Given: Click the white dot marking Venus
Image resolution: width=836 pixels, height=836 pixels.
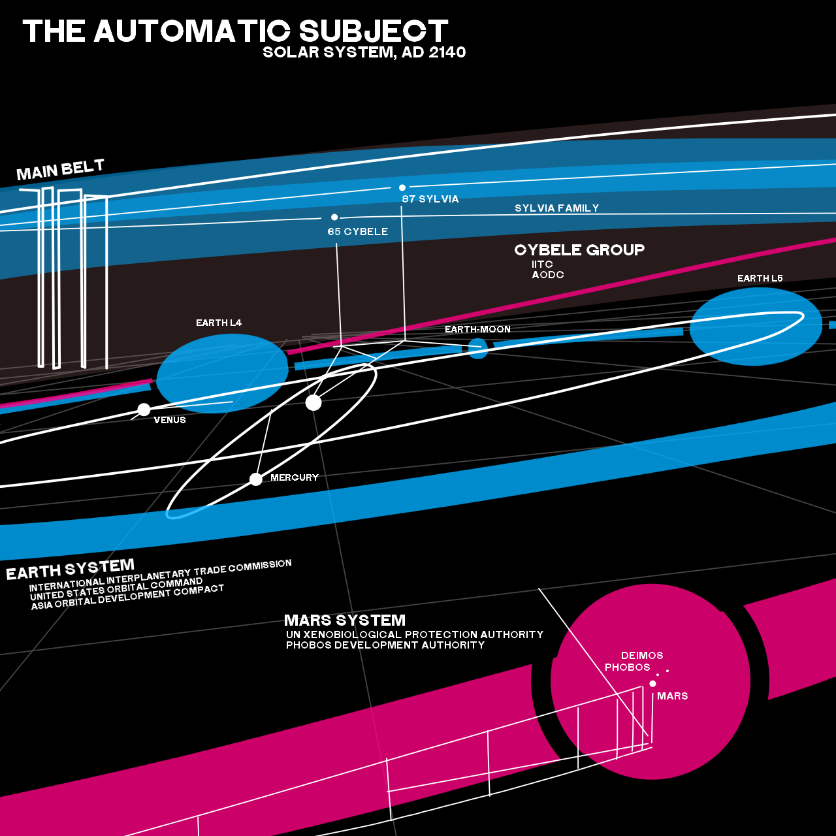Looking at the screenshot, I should [144, 410].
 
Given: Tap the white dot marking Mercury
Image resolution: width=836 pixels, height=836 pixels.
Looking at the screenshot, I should [256, 479].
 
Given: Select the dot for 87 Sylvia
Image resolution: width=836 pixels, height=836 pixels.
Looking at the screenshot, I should [402, 187].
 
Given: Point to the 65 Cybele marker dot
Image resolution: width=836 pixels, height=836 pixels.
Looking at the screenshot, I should [334, 217].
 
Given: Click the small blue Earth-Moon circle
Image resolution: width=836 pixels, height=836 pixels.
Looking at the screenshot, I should [478, 349].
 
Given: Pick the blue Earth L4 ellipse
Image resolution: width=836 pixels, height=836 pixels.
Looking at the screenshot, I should [222, 372].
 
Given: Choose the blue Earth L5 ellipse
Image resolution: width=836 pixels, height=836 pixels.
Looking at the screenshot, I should [756, 326].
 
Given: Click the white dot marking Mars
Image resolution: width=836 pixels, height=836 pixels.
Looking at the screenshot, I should [652, 684].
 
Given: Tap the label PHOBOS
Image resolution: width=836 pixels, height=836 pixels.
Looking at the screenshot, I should [628, 667].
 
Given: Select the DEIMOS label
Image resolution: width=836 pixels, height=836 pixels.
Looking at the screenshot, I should [642, 656].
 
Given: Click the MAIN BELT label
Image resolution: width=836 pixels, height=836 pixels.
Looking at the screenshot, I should [60, 170].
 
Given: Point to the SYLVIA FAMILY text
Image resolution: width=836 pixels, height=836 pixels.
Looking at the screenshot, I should [556, 208].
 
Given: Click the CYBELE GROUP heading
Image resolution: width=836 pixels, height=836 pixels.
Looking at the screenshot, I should [579, 250].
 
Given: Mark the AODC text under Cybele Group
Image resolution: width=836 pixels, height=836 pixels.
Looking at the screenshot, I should [548, 275].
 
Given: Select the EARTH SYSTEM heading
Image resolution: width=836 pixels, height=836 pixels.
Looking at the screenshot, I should [71, 570].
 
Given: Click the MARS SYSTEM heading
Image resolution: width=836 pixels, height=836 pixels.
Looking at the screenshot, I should [345, 620].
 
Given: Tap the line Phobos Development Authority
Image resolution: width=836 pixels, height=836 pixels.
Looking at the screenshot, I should [385, 645].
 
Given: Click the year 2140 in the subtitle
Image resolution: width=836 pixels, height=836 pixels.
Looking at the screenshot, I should [447, 52].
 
